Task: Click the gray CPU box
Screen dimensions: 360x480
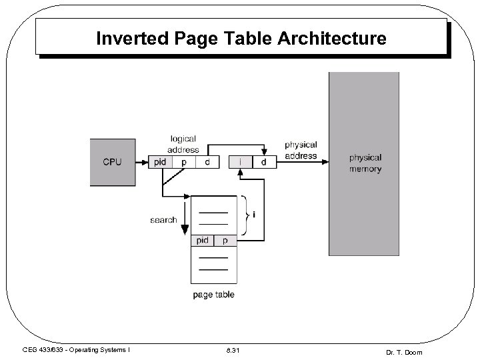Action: [113, 161]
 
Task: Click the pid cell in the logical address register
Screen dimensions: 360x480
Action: [160, 162]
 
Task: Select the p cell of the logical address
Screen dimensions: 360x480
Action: [184, 162]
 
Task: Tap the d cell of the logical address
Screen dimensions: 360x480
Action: [207, 162]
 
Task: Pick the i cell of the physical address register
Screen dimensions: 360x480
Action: [241, 162]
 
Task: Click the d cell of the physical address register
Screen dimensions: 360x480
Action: [264, 162]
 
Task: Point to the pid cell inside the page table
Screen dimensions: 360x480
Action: [203, 241]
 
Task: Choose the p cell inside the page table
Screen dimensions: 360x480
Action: [225, 241]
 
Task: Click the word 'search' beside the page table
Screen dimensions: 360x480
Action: [163, 219]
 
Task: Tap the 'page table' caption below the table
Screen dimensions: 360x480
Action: [213, 294]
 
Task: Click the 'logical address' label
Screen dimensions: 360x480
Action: [183, 145]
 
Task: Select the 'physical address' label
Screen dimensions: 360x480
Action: [301, 150]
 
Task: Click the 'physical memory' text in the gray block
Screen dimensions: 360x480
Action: [365, 163]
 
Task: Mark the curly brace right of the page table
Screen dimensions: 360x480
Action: [246, 215]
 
